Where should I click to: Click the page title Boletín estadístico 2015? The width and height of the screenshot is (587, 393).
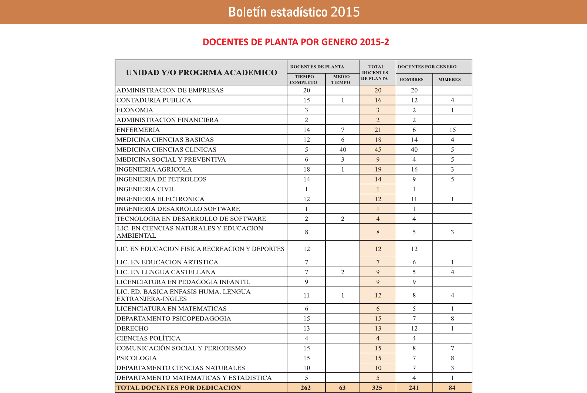click(x=294, y=12)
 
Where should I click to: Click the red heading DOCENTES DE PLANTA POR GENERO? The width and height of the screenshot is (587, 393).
click(x=296, y=42)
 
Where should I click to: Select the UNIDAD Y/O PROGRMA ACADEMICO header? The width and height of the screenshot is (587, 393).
click(x=202, y=72)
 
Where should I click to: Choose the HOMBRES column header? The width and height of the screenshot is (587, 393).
click(x=411, y=79)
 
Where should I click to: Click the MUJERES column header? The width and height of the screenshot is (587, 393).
click(x=449, y=79)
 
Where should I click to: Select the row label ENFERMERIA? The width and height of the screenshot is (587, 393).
click(x=138, y=130)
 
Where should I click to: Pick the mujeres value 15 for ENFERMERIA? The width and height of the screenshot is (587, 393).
click(x=452, y=130)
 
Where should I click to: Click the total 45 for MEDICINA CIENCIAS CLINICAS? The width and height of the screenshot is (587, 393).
click(x=378, y=150)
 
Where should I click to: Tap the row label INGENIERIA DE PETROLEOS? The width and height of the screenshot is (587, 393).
click(x=162, y=179)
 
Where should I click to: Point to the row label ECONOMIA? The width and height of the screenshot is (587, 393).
click(x=135, y=110)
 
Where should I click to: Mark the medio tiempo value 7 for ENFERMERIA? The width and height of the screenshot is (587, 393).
click(x=343, y=130)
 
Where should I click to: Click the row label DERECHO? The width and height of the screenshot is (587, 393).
click(x=132, y=329)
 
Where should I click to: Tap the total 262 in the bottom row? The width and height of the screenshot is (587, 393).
click(x=306, y=388)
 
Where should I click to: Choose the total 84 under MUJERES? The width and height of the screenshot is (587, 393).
click(x=452, y=388)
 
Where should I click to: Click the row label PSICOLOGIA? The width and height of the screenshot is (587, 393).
click(x=136, y=358)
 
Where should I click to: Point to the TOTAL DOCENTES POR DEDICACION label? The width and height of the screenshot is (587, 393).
click(x=179, y=388)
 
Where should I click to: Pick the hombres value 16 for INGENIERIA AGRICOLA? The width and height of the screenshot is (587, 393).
click(x=414, y=169)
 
